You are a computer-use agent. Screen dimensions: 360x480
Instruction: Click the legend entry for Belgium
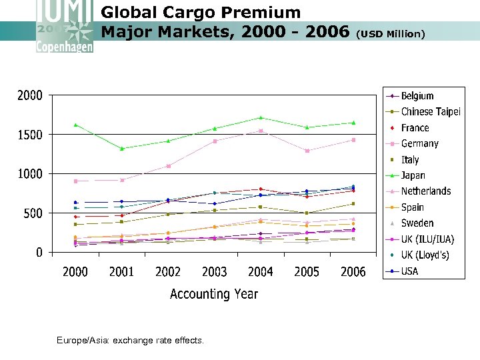coord(417,96)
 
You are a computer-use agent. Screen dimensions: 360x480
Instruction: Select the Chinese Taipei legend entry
coord(430,112)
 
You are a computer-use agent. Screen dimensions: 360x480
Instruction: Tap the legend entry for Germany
coord(419,143)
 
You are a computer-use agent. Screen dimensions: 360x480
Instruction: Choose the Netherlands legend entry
coord(425,191)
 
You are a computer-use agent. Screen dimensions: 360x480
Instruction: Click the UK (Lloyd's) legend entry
coord(425,255)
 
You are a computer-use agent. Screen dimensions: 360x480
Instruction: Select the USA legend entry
coord(409,271)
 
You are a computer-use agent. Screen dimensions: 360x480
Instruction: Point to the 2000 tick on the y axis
coord(29,95)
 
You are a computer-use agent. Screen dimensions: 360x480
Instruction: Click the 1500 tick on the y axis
coord(29,135)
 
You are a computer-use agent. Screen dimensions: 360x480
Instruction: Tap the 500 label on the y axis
coord(33,213)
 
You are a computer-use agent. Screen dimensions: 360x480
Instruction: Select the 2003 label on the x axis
coord(214,272)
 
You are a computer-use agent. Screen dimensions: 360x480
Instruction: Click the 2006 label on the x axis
coord(353,272)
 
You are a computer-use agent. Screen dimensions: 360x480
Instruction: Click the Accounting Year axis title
coord(213,294)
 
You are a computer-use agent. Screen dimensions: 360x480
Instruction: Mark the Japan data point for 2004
coord(261,117)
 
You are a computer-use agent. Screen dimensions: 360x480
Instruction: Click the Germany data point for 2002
coord(168,166)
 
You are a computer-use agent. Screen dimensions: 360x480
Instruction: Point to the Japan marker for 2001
coord(121,149)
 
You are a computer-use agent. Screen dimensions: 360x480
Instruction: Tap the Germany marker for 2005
coord(307,151)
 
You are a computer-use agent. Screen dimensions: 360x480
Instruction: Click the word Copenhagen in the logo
coord(65,47)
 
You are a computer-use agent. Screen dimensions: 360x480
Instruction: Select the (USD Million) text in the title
coord(391,33)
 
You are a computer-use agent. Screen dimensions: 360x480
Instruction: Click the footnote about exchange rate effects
coord(131,341)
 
